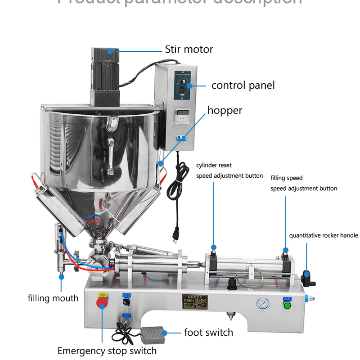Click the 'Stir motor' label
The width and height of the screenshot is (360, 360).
pyautogui.click(x=189, y=49)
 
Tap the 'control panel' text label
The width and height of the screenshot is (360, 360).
pyautogui.click(x=243, y=85)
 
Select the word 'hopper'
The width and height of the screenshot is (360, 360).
pyautogui.click(x=225, y=110)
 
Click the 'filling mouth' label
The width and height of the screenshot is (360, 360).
pyautogui.click(x=53, y=298)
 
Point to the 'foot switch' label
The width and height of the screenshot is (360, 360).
pyautogui.click(x=208, y=333)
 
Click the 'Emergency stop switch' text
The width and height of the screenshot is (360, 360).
pyautogui.click(x=107, y=351)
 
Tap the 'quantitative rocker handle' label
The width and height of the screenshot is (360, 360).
pyautogui.click(x=323, y=235)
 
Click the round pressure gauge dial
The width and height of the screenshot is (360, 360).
pyautogui.click(x=262, y=304)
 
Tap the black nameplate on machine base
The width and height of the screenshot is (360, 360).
pyautogui.click(x=194, y=301)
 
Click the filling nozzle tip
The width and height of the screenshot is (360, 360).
pyautogui.click(x=60, y=271)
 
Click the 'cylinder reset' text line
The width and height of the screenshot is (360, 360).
pyautogui.click(x=214, y=166)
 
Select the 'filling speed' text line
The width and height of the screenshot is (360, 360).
pyautogui.click(x=286, y=178)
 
